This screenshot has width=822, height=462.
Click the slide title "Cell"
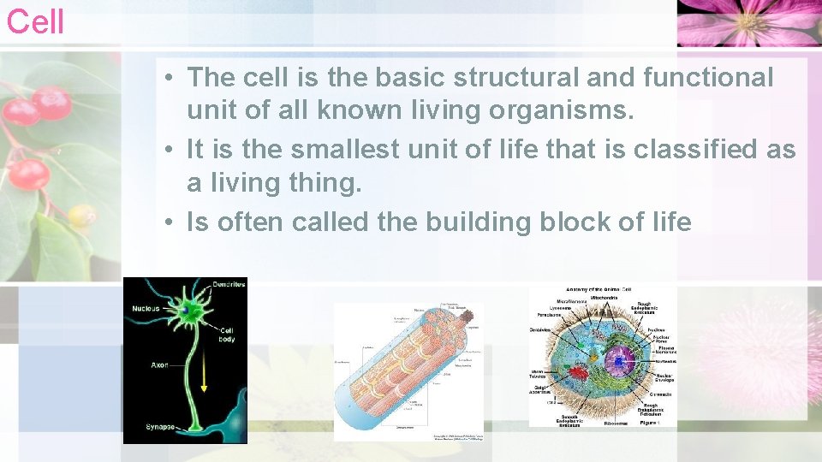35,21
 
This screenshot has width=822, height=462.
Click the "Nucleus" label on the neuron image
146,308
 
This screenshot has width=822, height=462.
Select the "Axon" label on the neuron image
159,365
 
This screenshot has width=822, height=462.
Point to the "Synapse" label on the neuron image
161,426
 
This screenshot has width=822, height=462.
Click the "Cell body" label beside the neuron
227,335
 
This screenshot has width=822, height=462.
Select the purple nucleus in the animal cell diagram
619,361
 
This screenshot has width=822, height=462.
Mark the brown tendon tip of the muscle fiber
468,315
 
